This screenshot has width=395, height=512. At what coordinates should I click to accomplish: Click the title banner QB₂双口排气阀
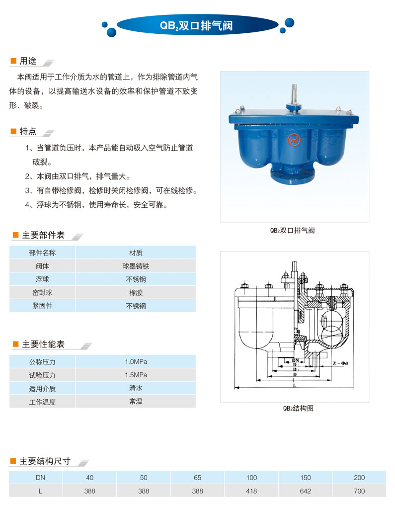pyautogui.click(x=197, y=25)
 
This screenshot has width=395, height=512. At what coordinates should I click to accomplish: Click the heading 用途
pyautogui.click(x=27, y=61)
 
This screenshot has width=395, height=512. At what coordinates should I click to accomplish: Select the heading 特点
pyautogui.click(x=27, y=131)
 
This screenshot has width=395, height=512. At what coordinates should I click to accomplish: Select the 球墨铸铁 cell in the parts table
pyautogui.click(x=136, y=266)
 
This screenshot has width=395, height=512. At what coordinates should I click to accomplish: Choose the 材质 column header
pyautogui.click(x=136, y=253)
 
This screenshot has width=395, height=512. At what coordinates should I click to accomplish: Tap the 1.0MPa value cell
pyautogui.click(x=136, y=361)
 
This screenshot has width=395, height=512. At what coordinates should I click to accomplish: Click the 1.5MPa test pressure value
pyautogui.click(x=136, y=375)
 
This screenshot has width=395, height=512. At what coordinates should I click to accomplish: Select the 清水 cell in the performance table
pyautogui.click(x=136, y=388)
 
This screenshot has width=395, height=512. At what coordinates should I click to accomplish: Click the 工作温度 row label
pyautogui.click(x=42, y=402)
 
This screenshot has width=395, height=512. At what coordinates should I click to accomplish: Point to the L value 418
pyautogui.click(x=251, y=491)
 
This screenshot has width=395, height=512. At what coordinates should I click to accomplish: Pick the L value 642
pyautogui.click(x=306, y=491)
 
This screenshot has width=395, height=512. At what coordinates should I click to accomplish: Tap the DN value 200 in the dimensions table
pyautogui.click(x=360, y=478)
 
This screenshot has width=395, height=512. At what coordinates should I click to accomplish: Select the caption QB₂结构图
pyautogui.click(x=298, y=409)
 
